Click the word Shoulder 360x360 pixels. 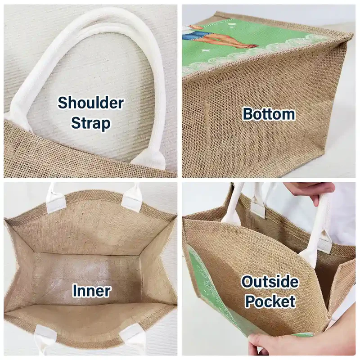91,103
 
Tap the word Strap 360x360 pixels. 91,123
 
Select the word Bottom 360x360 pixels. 269,114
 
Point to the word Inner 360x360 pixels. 92,291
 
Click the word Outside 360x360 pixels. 270,282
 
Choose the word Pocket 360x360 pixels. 270,301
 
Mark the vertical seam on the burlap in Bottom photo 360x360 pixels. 207,129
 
